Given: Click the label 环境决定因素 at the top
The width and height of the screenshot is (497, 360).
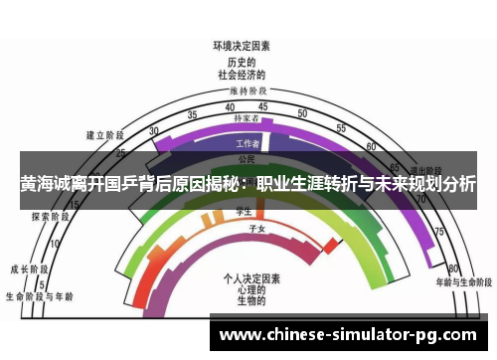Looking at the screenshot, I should [242, 46].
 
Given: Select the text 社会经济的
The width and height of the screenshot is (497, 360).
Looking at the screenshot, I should [242, 73].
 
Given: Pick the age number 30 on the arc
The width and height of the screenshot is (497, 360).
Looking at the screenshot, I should [153, 130].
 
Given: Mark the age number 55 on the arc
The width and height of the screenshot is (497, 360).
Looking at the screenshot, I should [340, 128].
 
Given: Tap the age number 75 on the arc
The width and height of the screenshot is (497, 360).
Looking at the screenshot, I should [438, 232].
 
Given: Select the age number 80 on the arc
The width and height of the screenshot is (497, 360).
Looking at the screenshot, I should [452, 269].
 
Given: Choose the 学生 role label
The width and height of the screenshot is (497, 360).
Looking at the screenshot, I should [243, 211].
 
